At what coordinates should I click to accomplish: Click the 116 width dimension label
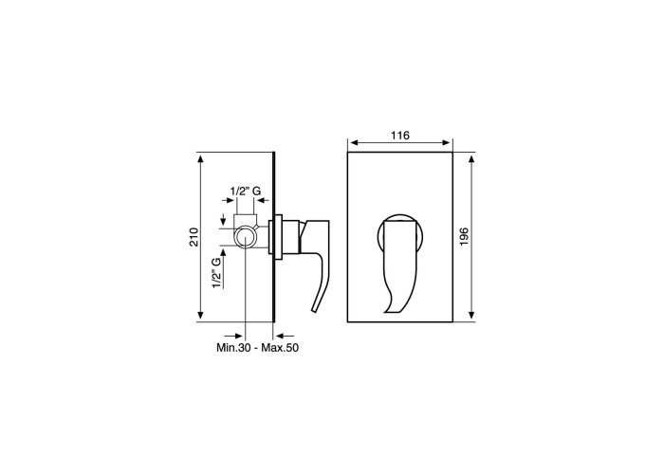tap(400, 136)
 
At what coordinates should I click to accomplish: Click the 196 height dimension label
tap(464, 237)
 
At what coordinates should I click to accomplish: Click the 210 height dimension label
tap(194, 237)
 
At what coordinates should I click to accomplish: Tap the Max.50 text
tap(280, 348)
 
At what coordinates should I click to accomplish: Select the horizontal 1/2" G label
tap(246, 191)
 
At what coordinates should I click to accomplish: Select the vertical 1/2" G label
tap(217, 273)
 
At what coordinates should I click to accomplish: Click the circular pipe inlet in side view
tap(245, 237)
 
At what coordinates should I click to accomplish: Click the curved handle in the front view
tap(400, 264)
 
